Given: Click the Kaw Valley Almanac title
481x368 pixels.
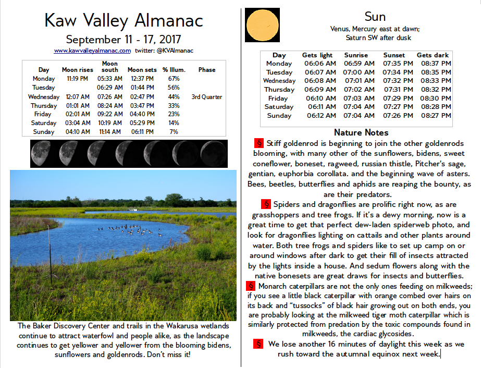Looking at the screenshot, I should pyautogui.click(x=124, y=20).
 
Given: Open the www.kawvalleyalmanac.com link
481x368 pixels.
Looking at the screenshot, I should pyautogui.click(x=92, y=51).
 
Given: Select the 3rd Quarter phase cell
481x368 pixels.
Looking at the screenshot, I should pyautogui.click(x=206, y=96).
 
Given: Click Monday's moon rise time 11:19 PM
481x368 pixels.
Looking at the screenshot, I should pyautogui.click(x=77, y=79).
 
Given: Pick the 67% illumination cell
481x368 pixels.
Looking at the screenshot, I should pyautogui.click(x=174, y=79).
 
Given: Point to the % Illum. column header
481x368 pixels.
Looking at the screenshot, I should pyautogui.click(x=174, y=70).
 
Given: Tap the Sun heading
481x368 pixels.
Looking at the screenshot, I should pyautogui.click(x=375, y=16).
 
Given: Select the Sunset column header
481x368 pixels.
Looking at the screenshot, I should pyautogui.click(x=394, y=55).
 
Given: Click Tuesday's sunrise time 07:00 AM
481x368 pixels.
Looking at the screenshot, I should pyautogui.click(x=359, y=72).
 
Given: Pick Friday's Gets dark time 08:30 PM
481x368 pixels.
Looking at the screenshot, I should pyautogui.click(x=435, y=98).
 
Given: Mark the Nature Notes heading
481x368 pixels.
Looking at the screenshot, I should pyautogui.click(x=361, y=132).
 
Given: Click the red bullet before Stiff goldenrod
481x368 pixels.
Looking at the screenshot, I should pyautogui.click(x=258, y=143).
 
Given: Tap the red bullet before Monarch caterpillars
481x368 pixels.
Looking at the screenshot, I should pyautogui.click(x=250, y=286).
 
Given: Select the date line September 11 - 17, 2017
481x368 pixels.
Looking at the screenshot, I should pyautogui.click(x=124, y=40).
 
